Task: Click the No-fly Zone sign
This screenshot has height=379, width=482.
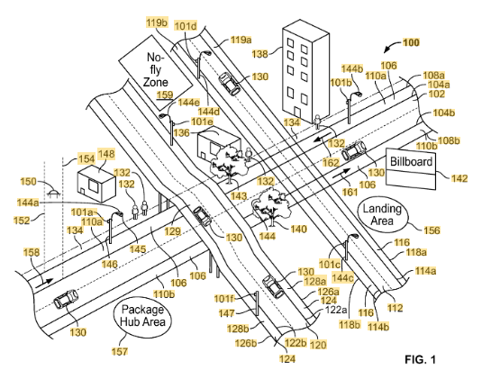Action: tap(156, 73)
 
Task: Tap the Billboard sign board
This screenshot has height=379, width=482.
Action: tap(411, 169)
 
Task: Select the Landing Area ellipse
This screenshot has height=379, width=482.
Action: tap(382, 214)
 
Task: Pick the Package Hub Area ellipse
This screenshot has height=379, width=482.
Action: tap(142, 316)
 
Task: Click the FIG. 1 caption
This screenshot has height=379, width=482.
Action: tap(420, 359)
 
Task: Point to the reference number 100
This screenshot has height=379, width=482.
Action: tap(411, 42)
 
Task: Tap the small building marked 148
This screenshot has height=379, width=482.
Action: tap(96, 185)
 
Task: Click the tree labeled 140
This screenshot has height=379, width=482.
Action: tap(271, 206)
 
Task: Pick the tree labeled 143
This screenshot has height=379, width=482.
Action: tap(229, 165)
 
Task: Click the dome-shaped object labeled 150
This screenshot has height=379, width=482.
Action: tap(53, 194)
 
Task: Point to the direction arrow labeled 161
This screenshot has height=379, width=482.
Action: tap(341, 173)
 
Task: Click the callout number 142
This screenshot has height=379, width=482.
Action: tap(459, 178)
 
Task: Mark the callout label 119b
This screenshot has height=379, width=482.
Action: tap(157, 23)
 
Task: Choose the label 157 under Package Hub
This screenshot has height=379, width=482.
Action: tap(120, 351)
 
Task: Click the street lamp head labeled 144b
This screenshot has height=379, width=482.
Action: tap(357, 94)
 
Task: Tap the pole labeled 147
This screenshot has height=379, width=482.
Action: tap(257, 303)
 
